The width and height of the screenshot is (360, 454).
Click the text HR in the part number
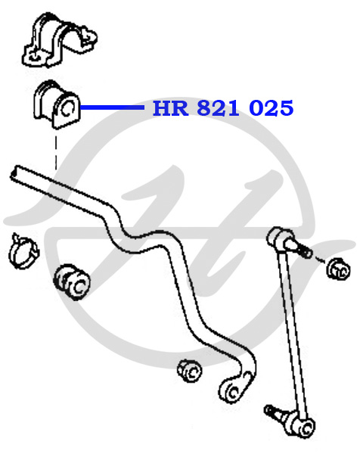pos(170,108)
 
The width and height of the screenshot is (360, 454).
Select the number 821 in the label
pos(219,108)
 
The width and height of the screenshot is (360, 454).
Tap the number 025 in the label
pos(272,108)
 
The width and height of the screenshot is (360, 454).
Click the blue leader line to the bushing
pos(112,107)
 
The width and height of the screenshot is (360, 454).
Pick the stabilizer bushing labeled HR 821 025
pos(56,104)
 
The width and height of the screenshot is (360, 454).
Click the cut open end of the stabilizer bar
pos(14,173)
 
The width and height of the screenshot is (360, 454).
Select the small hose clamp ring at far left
pos(23,251)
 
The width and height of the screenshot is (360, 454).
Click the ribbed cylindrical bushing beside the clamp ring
pos(72,281)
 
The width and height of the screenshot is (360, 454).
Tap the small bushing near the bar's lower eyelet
pos(190,372)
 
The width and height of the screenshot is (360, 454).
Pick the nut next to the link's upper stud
pos(338,269)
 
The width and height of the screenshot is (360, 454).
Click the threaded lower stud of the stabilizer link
pos(272,411)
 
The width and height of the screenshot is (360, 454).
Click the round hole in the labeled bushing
pos(68,109)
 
